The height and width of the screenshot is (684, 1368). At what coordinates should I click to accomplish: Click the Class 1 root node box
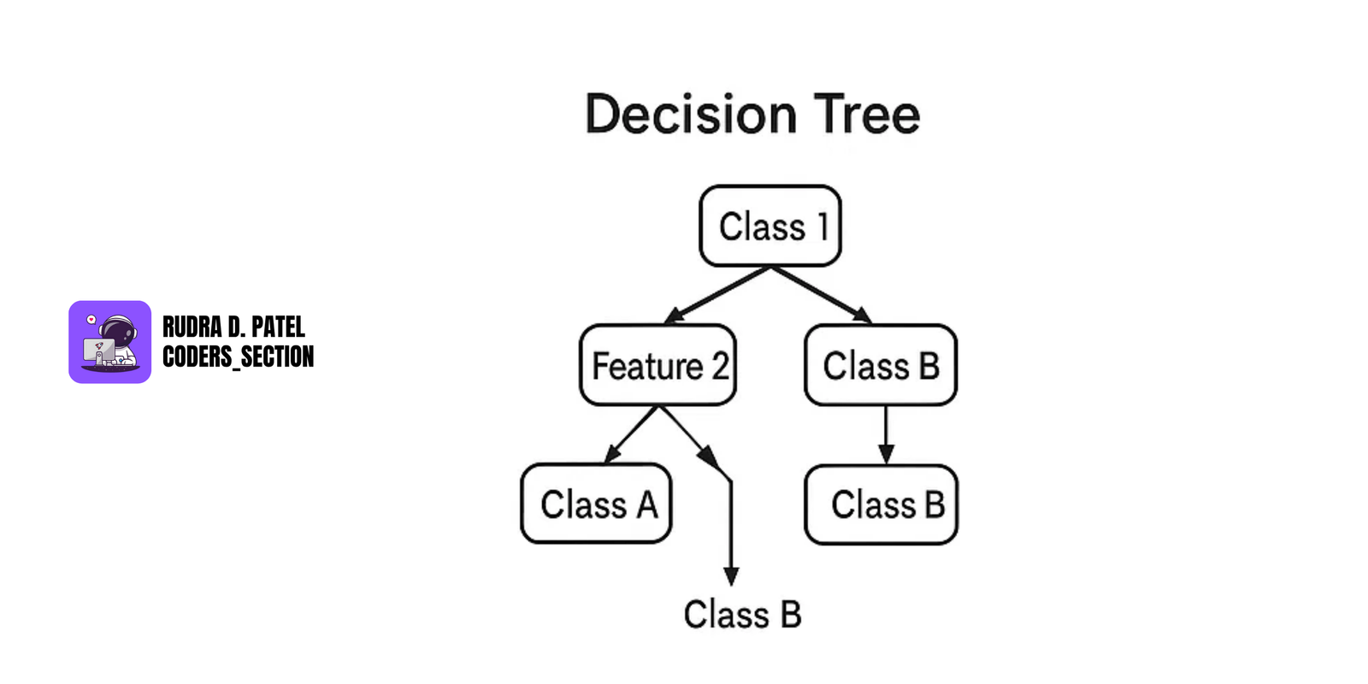[769, 226]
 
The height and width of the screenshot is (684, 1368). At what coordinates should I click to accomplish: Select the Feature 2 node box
[657, 365]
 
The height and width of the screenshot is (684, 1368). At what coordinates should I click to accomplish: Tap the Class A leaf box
[596, 504]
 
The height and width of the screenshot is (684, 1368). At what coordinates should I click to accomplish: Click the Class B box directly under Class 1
[881, 365]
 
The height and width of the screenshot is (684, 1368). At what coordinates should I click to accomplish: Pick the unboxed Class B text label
[742, 615]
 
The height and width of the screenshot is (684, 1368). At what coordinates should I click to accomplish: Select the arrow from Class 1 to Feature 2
[718, 295]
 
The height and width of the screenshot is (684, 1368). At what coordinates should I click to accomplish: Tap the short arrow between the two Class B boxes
[886, 434]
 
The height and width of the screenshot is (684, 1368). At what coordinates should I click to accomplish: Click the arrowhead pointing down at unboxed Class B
[731, 575]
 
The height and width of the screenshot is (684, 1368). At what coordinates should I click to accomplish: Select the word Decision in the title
[691, 115]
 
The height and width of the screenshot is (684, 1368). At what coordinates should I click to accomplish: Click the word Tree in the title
[866, 115]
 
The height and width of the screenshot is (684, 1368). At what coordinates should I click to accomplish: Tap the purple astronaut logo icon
[109, 342]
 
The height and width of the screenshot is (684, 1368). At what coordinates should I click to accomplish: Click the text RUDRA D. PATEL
[233, 327]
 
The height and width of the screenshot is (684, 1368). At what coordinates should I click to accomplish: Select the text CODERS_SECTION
[238, 357]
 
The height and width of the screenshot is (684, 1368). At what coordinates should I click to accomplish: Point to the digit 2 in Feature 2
[720, 366]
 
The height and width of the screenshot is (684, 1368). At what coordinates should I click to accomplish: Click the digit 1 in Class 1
[823, 227]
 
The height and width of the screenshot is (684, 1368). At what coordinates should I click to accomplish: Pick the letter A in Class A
[647, 504]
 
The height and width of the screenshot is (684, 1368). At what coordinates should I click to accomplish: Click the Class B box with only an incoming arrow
[881, 504]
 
